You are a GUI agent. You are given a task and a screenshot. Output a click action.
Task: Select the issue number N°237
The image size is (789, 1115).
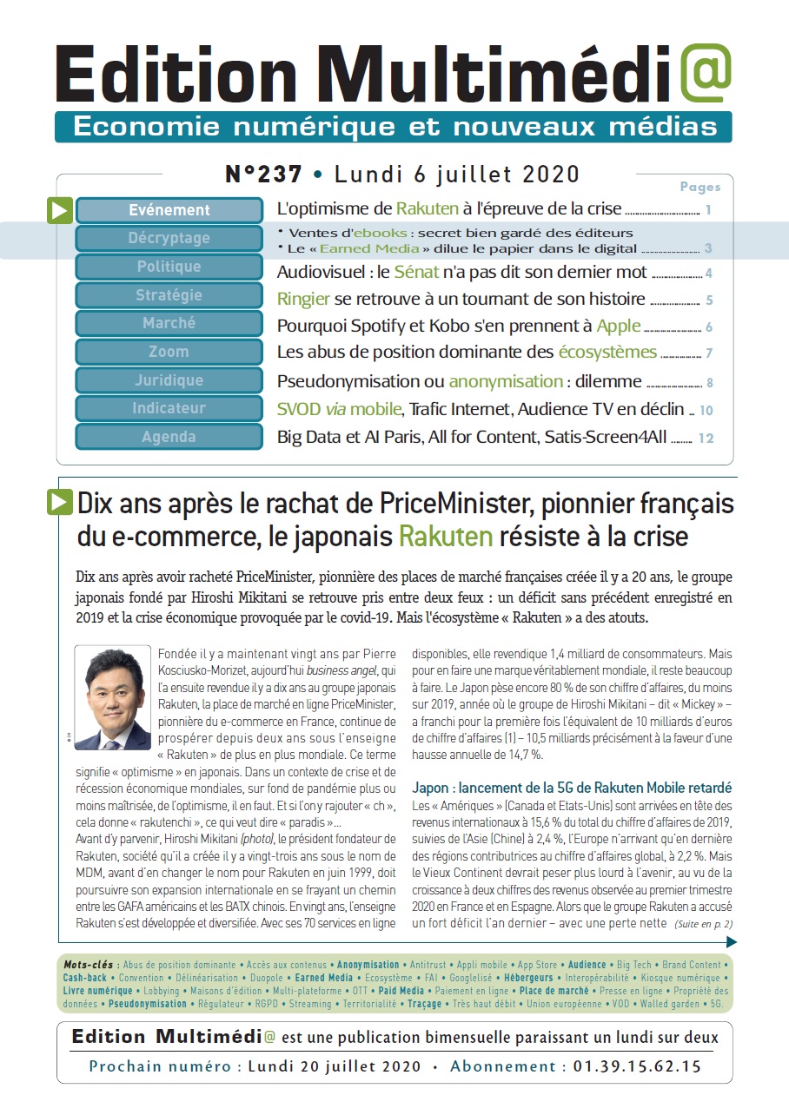tap(263, 175)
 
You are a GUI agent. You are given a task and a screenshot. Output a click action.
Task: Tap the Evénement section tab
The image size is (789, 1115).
tap(169, 210)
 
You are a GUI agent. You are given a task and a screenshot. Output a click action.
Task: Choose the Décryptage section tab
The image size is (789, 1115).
tap(169, 238)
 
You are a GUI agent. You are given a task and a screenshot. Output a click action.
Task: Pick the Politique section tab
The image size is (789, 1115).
tap(169, 267)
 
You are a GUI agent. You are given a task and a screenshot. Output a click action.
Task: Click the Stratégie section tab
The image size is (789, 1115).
tap(169, 295)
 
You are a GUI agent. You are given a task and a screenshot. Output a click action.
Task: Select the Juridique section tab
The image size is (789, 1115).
tap(169, 380)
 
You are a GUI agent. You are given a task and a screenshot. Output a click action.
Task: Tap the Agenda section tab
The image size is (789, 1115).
tap(169, 437)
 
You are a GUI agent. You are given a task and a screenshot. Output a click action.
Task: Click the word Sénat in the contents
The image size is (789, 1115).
tap(416, 272)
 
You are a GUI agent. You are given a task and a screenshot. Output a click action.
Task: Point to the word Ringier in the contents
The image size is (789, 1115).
tap(303, 300)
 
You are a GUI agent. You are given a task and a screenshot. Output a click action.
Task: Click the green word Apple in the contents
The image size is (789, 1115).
tap(619, 327)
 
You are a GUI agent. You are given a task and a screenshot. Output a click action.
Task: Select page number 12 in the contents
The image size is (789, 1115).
tap(706, 439)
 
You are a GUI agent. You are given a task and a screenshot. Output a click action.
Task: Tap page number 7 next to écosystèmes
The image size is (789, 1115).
tap(709, 353)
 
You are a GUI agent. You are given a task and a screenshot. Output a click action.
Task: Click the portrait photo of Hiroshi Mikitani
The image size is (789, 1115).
tap(113, 697)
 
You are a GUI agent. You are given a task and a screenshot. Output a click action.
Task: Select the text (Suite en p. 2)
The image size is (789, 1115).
tap(702, 924)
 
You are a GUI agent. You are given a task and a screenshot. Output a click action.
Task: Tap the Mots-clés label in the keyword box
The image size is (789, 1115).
tap(90, 965)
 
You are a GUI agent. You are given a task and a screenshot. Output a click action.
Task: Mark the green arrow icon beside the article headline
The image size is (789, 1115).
tap(60, 501)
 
